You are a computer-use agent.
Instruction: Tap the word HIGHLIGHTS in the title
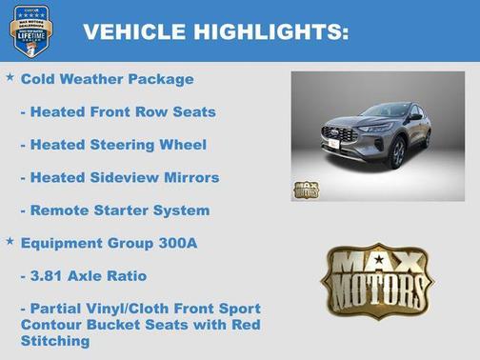tap(269, 31)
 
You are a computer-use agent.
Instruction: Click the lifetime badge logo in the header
tap(30, 30)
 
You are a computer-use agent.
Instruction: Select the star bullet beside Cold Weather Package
tap(10, 76)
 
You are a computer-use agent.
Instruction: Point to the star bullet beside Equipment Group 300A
tap(10, 241)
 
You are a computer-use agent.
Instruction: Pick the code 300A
tap(177, 243)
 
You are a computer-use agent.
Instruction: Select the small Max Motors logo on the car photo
tap(306, 188)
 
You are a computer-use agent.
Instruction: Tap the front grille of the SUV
tap(340, 134)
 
